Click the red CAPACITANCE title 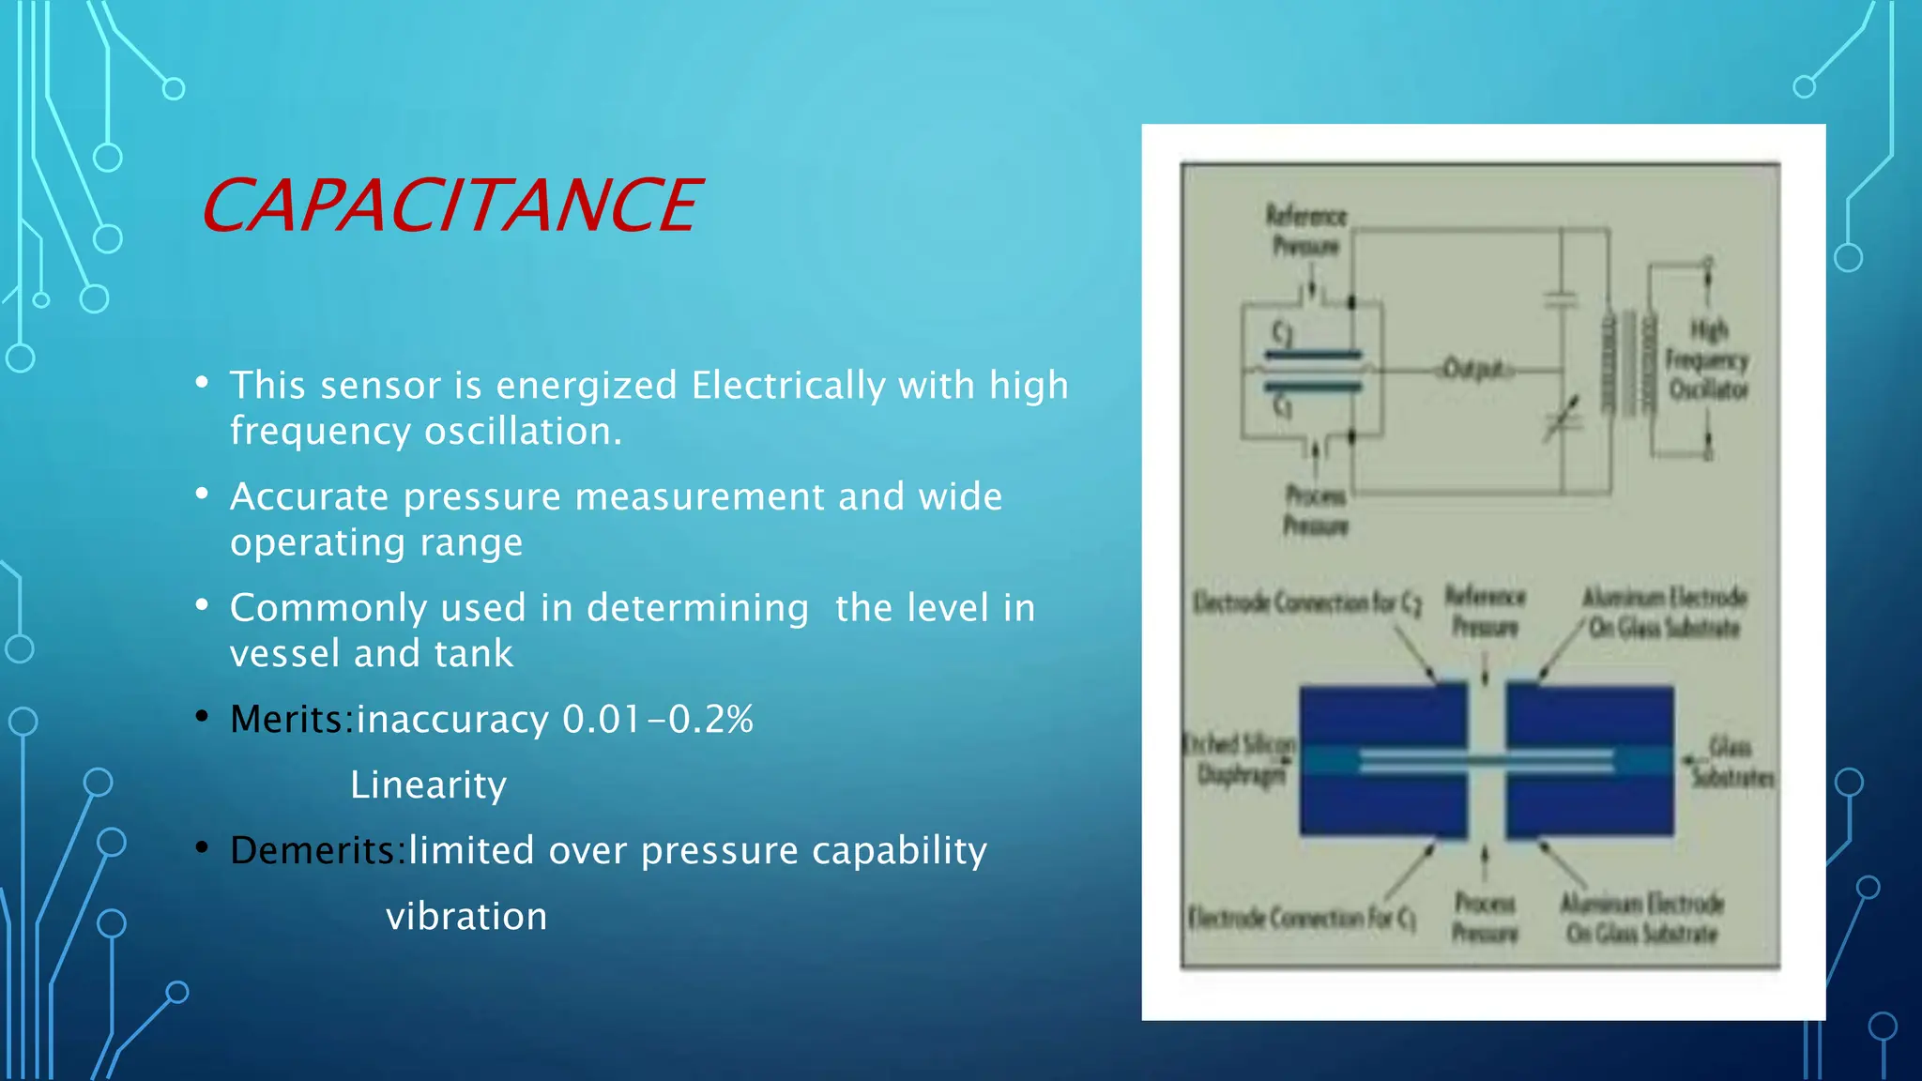click(x=450, y=206)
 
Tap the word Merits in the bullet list click(x=290, y=720)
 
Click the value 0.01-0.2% click(x=657, y=720)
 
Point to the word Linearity click(x=428, y=784)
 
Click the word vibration click(x=466, y=916)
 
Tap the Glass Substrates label click(x=1731, y=762)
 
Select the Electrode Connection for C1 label click(x=1301, y=917)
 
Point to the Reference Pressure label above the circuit click(x=1305, y=231)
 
